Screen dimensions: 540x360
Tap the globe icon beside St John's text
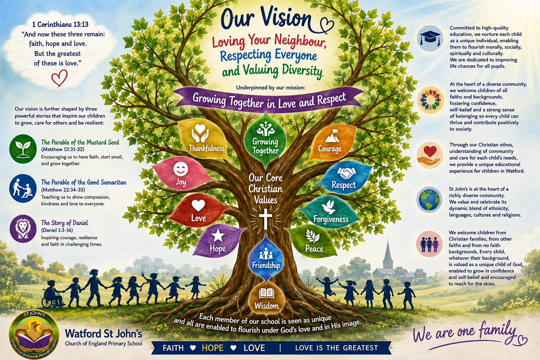coord(429,200)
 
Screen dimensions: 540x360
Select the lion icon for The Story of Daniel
coord(23,229)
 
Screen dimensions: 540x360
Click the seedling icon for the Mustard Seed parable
coord(23,149)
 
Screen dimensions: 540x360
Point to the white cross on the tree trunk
coord(265,218)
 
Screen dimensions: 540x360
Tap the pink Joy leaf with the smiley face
coord(183,173)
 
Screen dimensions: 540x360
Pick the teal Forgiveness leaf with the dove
coord(329,212)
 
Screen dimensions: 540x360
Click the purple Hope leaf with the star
coord(218,241)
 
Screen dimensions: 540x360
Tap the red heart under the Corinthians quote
coord(59,78)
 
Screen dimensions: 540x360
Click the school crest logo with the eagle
coord(34,334)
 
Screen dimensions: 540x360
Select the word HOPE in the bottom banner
coord(212,348)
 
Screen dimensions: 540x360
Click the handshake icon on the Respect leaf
coord(346,173)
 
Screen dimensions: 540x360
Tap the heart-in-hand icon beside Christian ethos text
coord(430,156)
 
